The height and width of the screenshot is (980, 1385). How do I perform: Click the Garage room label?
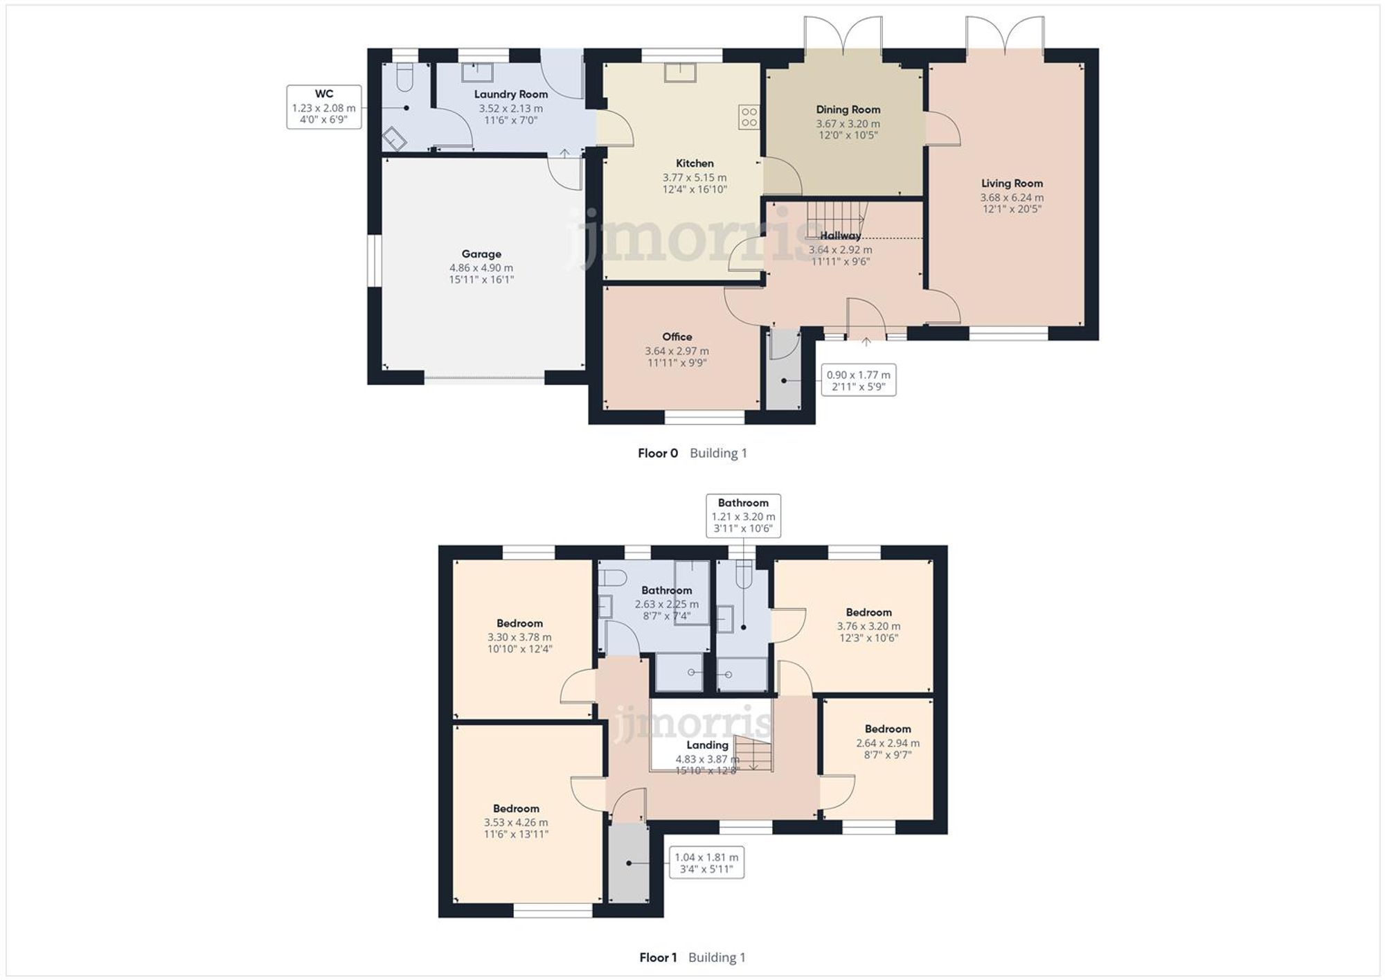pyautogui.click(x=481, y=254)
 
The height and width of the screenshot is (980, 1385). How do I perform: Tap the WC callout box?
pyautogui.click(x=324, y=107)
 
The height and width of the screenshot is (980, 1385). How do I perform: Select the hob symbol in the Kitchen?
pyautogui.click(x=749, y=117)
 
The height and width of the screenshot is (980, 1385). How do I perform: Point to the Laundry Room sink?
pyautogui.click(x=478, y=72)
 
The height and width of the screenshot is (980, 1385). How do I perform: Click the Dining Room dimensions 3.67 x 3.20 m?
pyautogui.click(x=848, y=124)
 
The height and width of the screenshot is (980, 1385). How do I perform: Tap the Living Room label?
pyautogui.click(x=1012, y=184)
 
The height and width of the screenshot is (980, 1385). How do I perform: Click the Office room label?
pyautogui.click(x=677, y=337)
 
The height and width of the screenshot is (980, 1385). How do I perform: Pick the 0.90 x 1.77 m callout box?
pyautogui.click(x=859, y=380)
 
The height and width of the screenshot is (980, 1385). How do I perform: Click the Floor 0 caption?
pyautogui.click(x=657, y=453)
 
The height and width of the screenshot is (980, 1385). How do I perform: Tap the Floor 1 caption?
pyautogui.click(x=658, y=957)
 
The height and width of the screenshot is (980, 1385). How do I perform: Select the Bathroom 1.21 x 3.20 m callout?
pyautogui.click(x=743, y=516)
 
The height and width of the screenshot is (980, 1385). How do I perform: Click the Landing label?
pyautogui.click(x=707, y=745)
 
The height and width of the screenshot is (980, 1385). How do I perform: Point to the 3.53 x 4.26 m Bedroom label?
pyautogui.click(x=516, y=809)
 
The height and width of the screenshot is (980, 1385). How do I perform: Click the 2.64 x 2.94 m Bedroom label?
pyautogui.click(x=888, y=729)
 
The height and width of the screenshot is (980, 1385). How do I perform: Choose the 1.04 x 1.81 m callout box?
pyautogui.click(x=706, y=862)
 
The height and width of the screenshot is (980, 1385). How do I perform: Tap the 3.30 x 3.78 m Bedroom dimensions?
pyautogui.click(x=519, y=637)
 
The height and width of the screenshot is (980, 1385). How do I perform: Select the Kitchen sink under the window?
pyautogui.click(x=680, y=72)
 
